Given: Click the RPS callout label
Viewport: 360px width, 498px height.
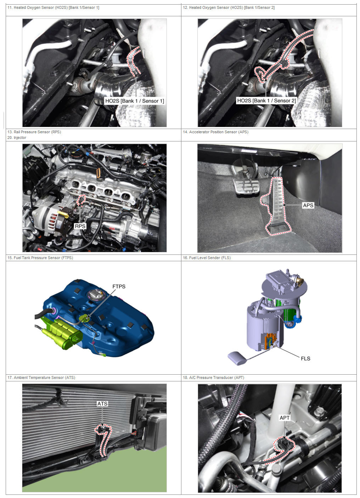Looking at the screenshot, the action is click(x=80, y=226).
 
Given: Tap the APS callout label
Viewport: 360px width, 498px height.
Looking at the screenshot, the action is click(x=308, y=205).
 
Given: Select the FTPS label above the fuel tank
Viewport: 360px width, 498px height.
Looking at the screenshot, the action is click(x=119, y=286).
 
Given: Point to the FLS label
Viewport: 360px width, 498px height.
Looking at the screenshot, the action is click(x=305, y=358).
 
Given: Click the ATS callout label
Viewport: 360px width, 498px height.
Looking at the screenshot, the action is click(x=102, y=403).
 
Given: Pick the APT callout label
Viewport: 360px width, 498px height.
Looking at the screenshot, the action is click(x=285, y=418).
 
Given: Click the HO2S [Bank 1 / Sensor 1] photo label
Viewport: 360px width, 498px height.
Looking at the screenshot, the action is click(x=134, y=101).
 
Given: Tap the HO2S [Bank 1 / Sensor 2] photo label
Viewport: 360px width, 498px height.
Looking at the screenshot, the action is click(x=266, y=101).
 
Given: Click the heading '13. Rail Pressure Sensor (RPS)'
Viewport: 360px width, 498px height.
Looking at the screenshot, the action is click(x=34, y=132).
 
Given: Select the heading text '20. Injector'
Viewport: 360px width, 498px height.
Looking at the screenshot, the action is click(x=17, y=138).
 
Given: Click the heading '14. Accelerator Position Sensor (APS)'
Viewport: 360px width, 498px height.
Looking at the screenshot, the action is click(x=215, y=132).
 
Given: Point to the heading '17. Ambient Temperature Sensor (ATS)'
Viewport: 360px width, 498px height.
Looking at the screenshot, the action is click(x=41, y=377).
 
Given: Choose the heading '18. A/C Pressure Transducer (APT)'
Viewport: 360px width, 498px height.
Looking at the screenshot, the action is click(x=213, y=377).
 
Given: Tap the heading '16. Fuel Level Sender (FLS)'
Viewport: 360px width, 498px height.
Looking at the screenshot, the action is click(x=207, y=258).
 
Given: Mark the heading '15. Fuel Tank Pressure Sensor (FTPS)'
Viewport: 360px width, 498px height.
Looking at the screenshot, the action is click(x=40, y=258).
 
